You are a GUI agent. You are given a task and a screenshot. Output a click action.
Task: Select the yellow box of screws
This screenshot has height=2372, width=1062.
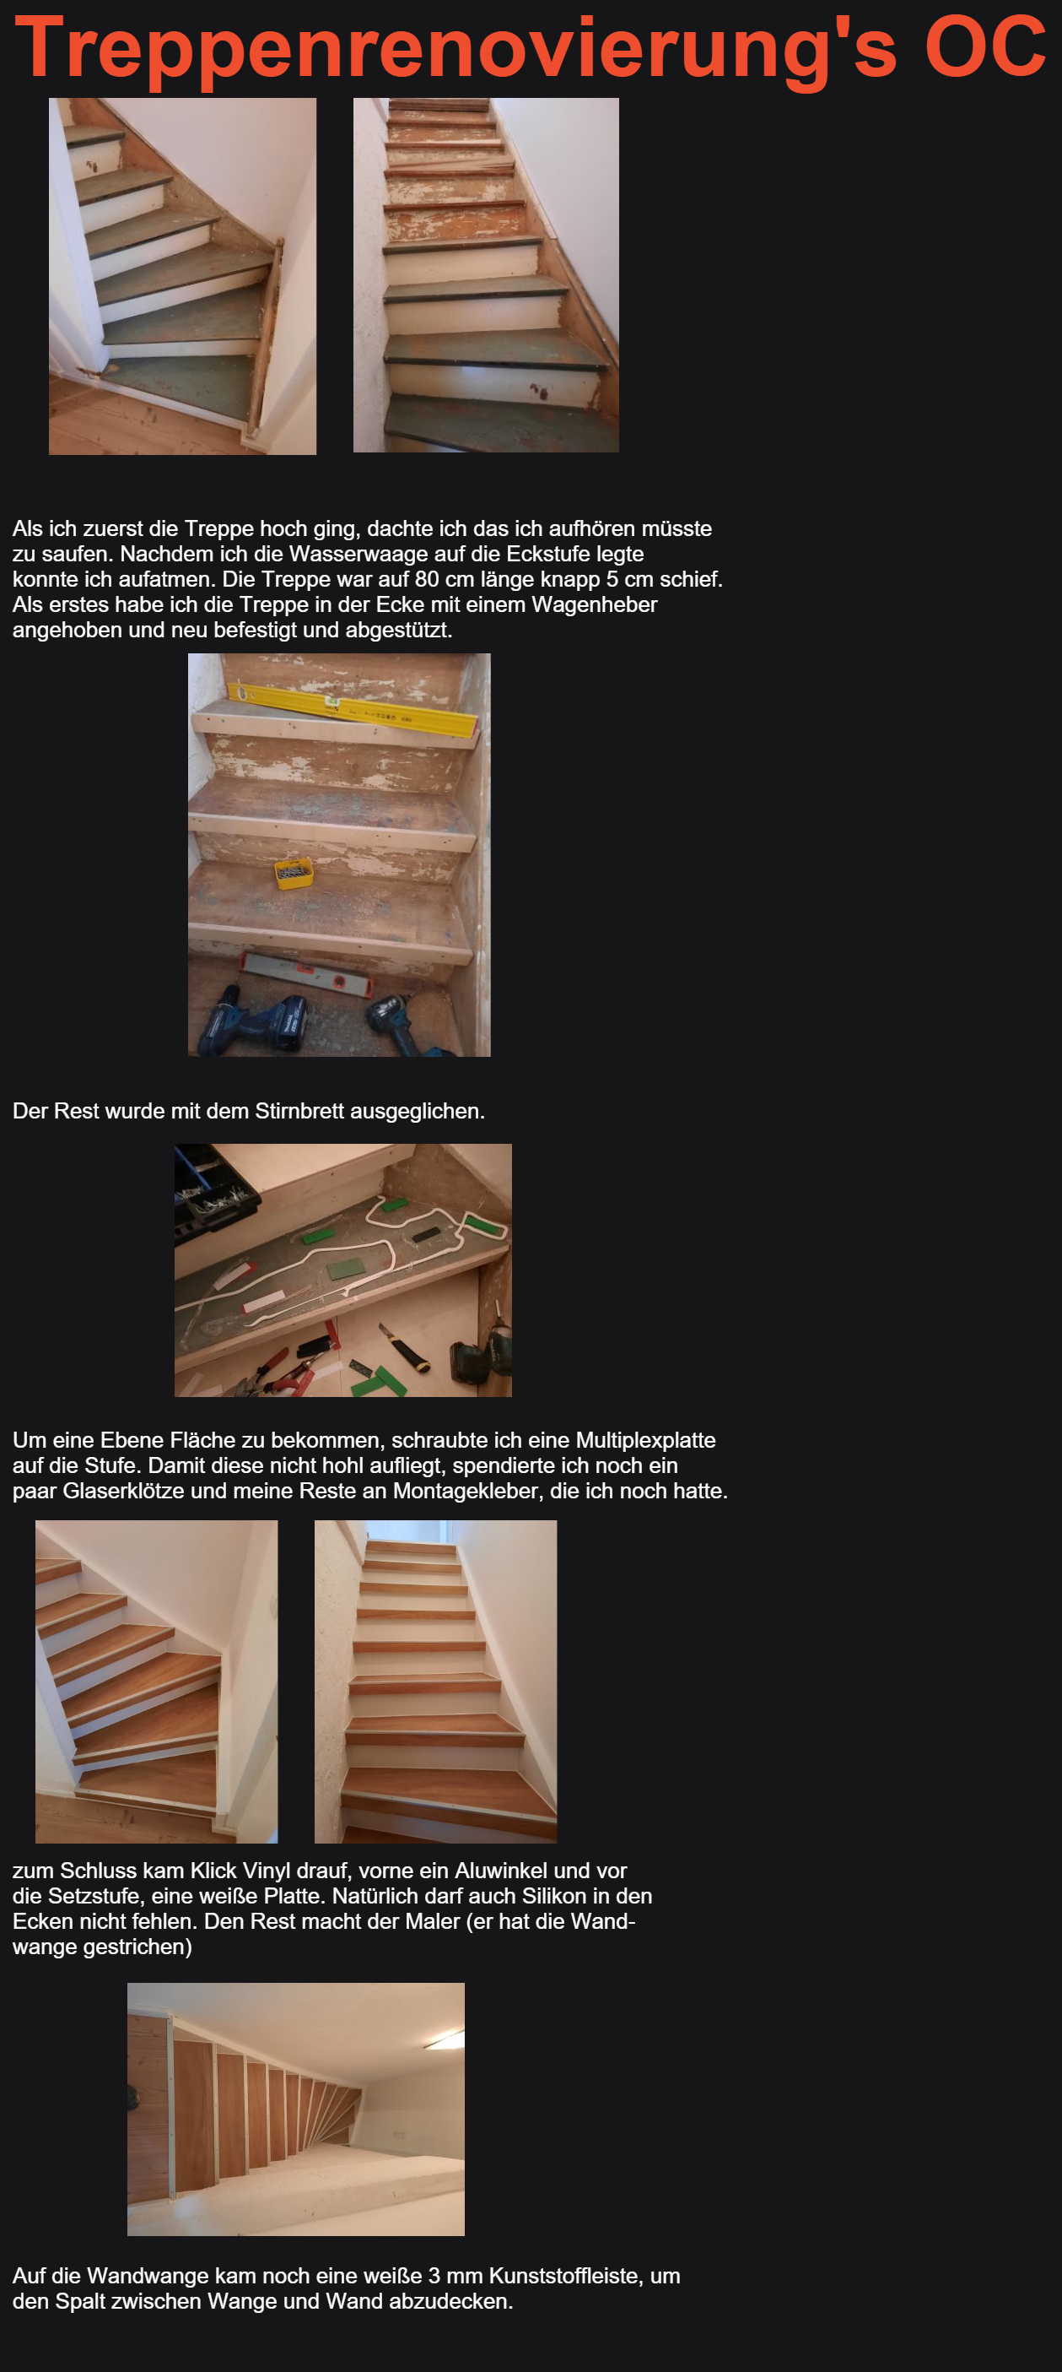coord(294,872)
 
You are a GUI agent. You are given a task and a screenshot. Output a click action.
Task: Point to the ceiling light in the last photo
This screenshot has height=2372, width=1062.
coord(444,2039)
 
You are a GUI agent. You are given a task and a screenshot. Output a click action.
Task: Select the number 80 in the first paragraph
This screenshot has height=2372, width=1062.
coord(426,579)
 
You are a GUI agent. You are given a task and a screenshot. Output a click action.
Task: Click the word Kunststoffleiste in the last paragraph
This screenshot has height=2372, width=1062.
coord(566,2277)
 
